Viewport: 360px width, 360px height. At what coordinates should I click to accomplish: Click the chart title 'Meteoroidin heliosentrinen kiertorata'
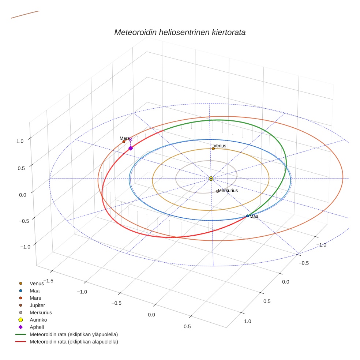coord(180,32)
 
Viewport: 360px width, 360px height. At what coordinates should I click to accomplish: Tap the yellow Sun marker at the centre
coord(211,179)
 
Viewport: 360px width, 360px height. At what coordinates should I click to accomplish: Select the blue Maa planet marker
coord(248,216)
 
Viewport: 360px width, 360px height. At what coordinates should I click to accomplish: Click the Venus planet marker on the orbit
coord(213,149)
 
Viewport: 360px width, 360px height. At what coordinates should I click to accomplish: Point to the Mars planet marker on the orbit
coord(124,142)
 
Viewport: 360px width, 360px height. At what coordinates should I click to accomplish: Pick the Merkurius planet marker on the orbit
coord(217,191)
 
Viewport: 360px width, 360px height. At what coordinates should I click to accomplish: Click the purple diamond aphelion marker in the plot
coord(131,148)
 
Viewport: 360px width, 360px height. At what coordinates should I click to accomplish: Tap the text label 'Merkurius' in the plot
coord(228,191)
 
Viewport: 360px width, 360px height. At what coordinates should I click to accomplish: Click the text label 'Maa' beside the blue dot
coord(254,217)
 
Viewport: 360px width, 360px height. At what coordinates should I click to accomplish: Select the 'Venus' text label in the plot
coord(220,146)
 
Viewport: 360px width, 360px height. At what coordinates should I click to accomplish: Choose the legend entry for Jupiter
coord(37,305)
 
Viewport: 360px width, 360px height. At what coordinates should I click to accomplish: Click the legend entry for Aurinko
coord(38,320)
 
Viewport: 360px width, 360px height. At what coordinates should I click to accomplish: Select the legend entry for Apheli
coord(37,327)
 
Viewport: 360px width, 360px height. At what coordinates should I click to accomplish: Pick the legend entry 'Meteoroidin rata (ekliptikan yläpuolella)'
coord(74,334)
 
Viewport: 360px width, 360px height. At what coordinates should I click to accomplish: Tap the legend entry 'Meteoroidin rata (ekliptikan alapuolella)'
coord(74,342)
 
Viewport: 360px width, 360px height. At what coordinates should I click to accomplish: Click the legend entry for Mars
coord(35,298)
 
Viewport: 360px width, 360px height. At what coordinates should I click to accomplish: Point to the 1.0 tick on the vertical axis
coord(20,141)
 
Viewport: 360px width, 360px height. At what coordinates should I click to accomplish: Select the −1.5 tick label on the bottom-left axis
coord(48,280)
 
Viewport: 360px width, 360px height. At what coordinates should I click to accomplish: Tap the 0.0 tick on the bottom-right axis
coord(285,282)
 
